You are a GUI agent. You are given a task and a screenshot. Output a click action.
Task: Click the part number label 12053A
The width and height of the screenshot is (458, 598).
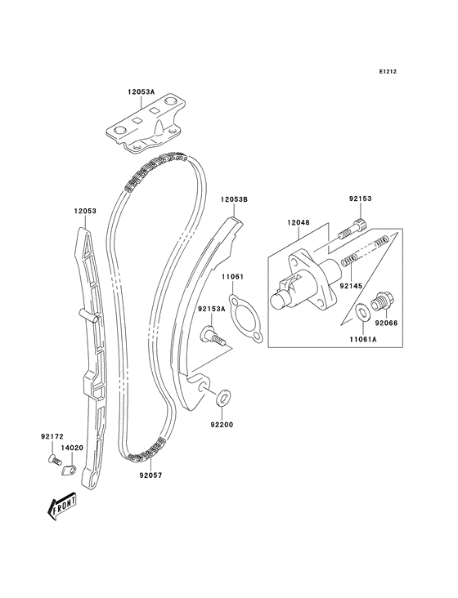[141, 92]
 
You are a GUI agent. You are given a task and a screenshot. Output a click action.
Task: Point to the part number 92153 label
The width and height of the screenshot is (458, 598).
[360, 198]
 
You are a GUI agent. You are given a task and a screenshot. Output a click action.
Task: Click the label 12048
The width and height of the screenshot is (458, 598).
[298, 222]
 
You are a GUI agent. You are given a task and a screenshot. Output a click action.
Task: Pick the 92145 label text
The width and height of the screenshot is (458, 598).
[350, 287]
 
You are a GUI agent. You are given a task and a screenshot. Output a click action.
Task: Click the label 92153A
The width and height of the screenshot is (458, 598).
[211, 309]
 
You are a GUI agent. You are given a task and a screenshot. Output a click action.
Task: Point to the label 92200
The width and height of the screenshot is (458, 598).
[222, 425]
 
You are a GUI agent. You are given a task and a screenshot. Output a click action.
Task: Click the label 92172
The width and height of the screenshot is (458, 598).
[52, 437]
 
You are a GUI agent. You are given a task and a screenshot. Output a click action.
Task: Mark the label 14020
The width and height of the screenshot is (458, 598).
[74, 448]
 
